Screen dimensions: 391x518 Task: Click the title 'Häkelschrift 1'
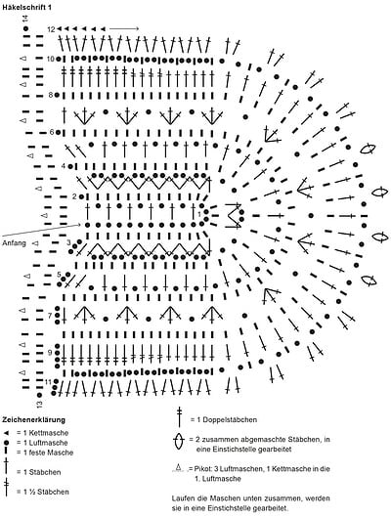[26, 7]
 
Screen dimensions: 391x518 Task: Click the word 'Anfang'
[14, 243]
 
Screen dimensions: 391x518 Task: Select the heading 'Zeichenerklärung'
[33, 420]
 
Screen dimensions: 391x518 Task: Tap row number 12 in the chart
[51, 29]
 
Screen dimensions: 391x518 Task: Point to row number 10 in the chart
[50, 59]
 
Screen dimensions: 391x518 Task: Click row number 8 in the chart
[51, 95]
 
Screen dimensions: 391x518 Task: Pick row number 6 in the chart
[52, 132]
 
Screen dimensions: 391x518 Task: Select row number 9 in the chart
[50, 353]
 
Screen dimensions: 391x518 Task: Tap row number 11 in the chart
[48, 382]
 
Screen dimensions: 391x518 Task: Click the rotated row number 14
[25, 20]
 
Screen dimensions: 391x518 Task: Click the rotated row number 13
[39, 404]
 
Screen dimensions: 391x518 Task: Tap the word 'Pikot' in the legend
[201, 469]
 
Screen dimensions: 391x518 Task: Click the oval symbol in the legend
[179, 441]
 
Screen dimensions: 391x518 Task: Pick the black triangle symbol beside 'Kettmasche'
[7, 433]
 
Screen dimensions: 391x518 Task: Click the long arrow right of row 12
[124, 29]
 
